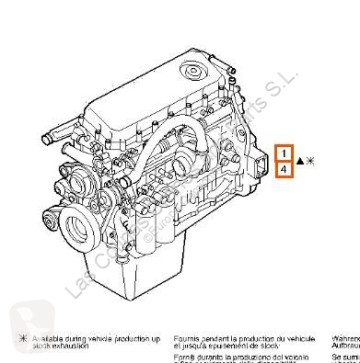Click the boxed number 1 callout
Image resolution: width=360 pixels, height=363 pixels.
(x=285, y=154)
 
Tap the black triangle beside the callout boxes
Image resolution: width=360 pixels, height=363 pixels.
(x=299, y=160)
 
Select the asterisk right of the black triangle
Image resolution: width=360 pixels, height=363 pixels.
(x=309, y=160)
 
